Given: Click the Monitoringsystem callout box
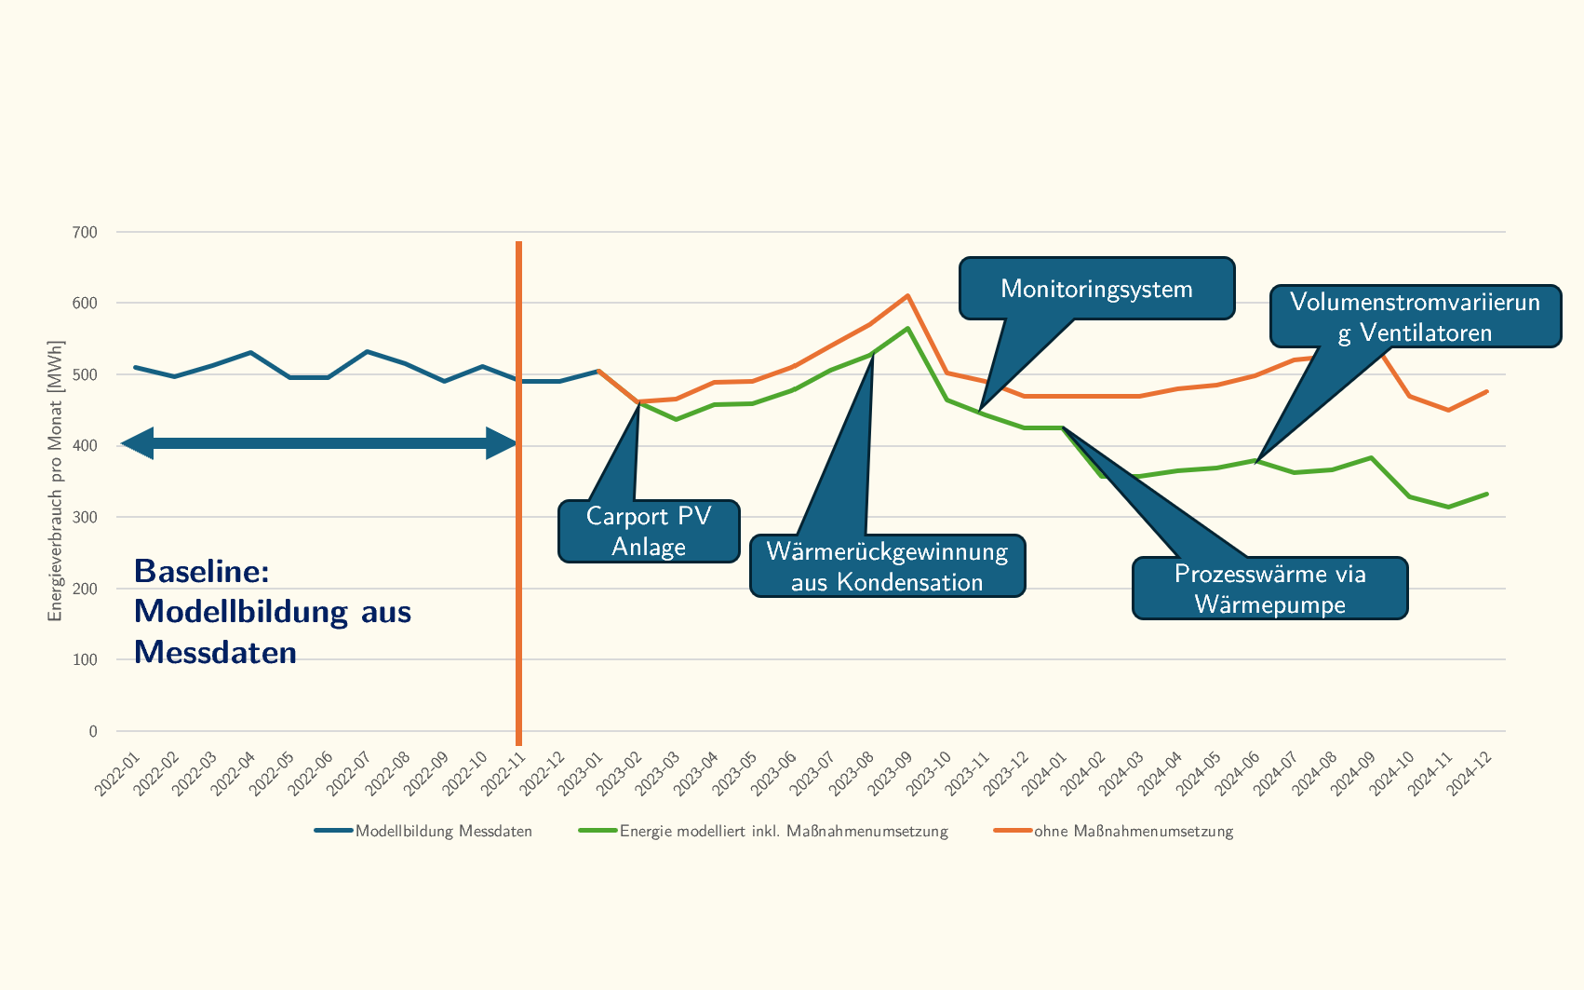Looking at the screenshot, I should click(x=1096, y=289).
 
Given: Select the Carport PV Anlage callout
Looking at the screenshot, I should click(x=649, y=532).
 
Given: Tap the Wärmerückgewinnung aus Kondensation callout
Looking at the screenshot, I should click(x=887, y=566).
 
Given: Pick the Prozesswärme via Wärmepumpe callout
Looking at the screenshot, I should click(x=1269, y=589).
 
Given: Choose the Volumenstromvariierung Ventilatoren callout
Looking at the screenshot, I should click(x=1415, y=317).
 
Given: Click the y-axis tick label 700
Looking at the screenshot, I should click(x=85, y=233).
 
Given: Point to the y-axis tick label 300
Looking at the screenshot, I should click(x=85, y=518).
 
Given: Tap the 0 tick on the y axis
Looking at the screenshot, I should click(x=93, y=732).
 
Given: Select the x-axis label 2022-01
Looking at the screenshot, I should click(x=117, y=774).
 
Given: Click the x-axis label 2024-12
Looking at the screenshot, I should click(x=1470, y=774).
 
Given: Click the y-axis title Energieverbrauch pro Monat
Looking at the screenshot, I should click(x=56, y=481).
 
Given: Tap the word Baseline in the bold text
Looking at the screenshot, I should click(x=201, y=571).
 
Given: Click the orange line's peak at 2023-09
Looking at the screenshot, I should click(x=907, y=296).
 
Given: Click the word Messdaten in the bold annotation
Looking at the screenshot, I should click(x=215, y=652).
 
